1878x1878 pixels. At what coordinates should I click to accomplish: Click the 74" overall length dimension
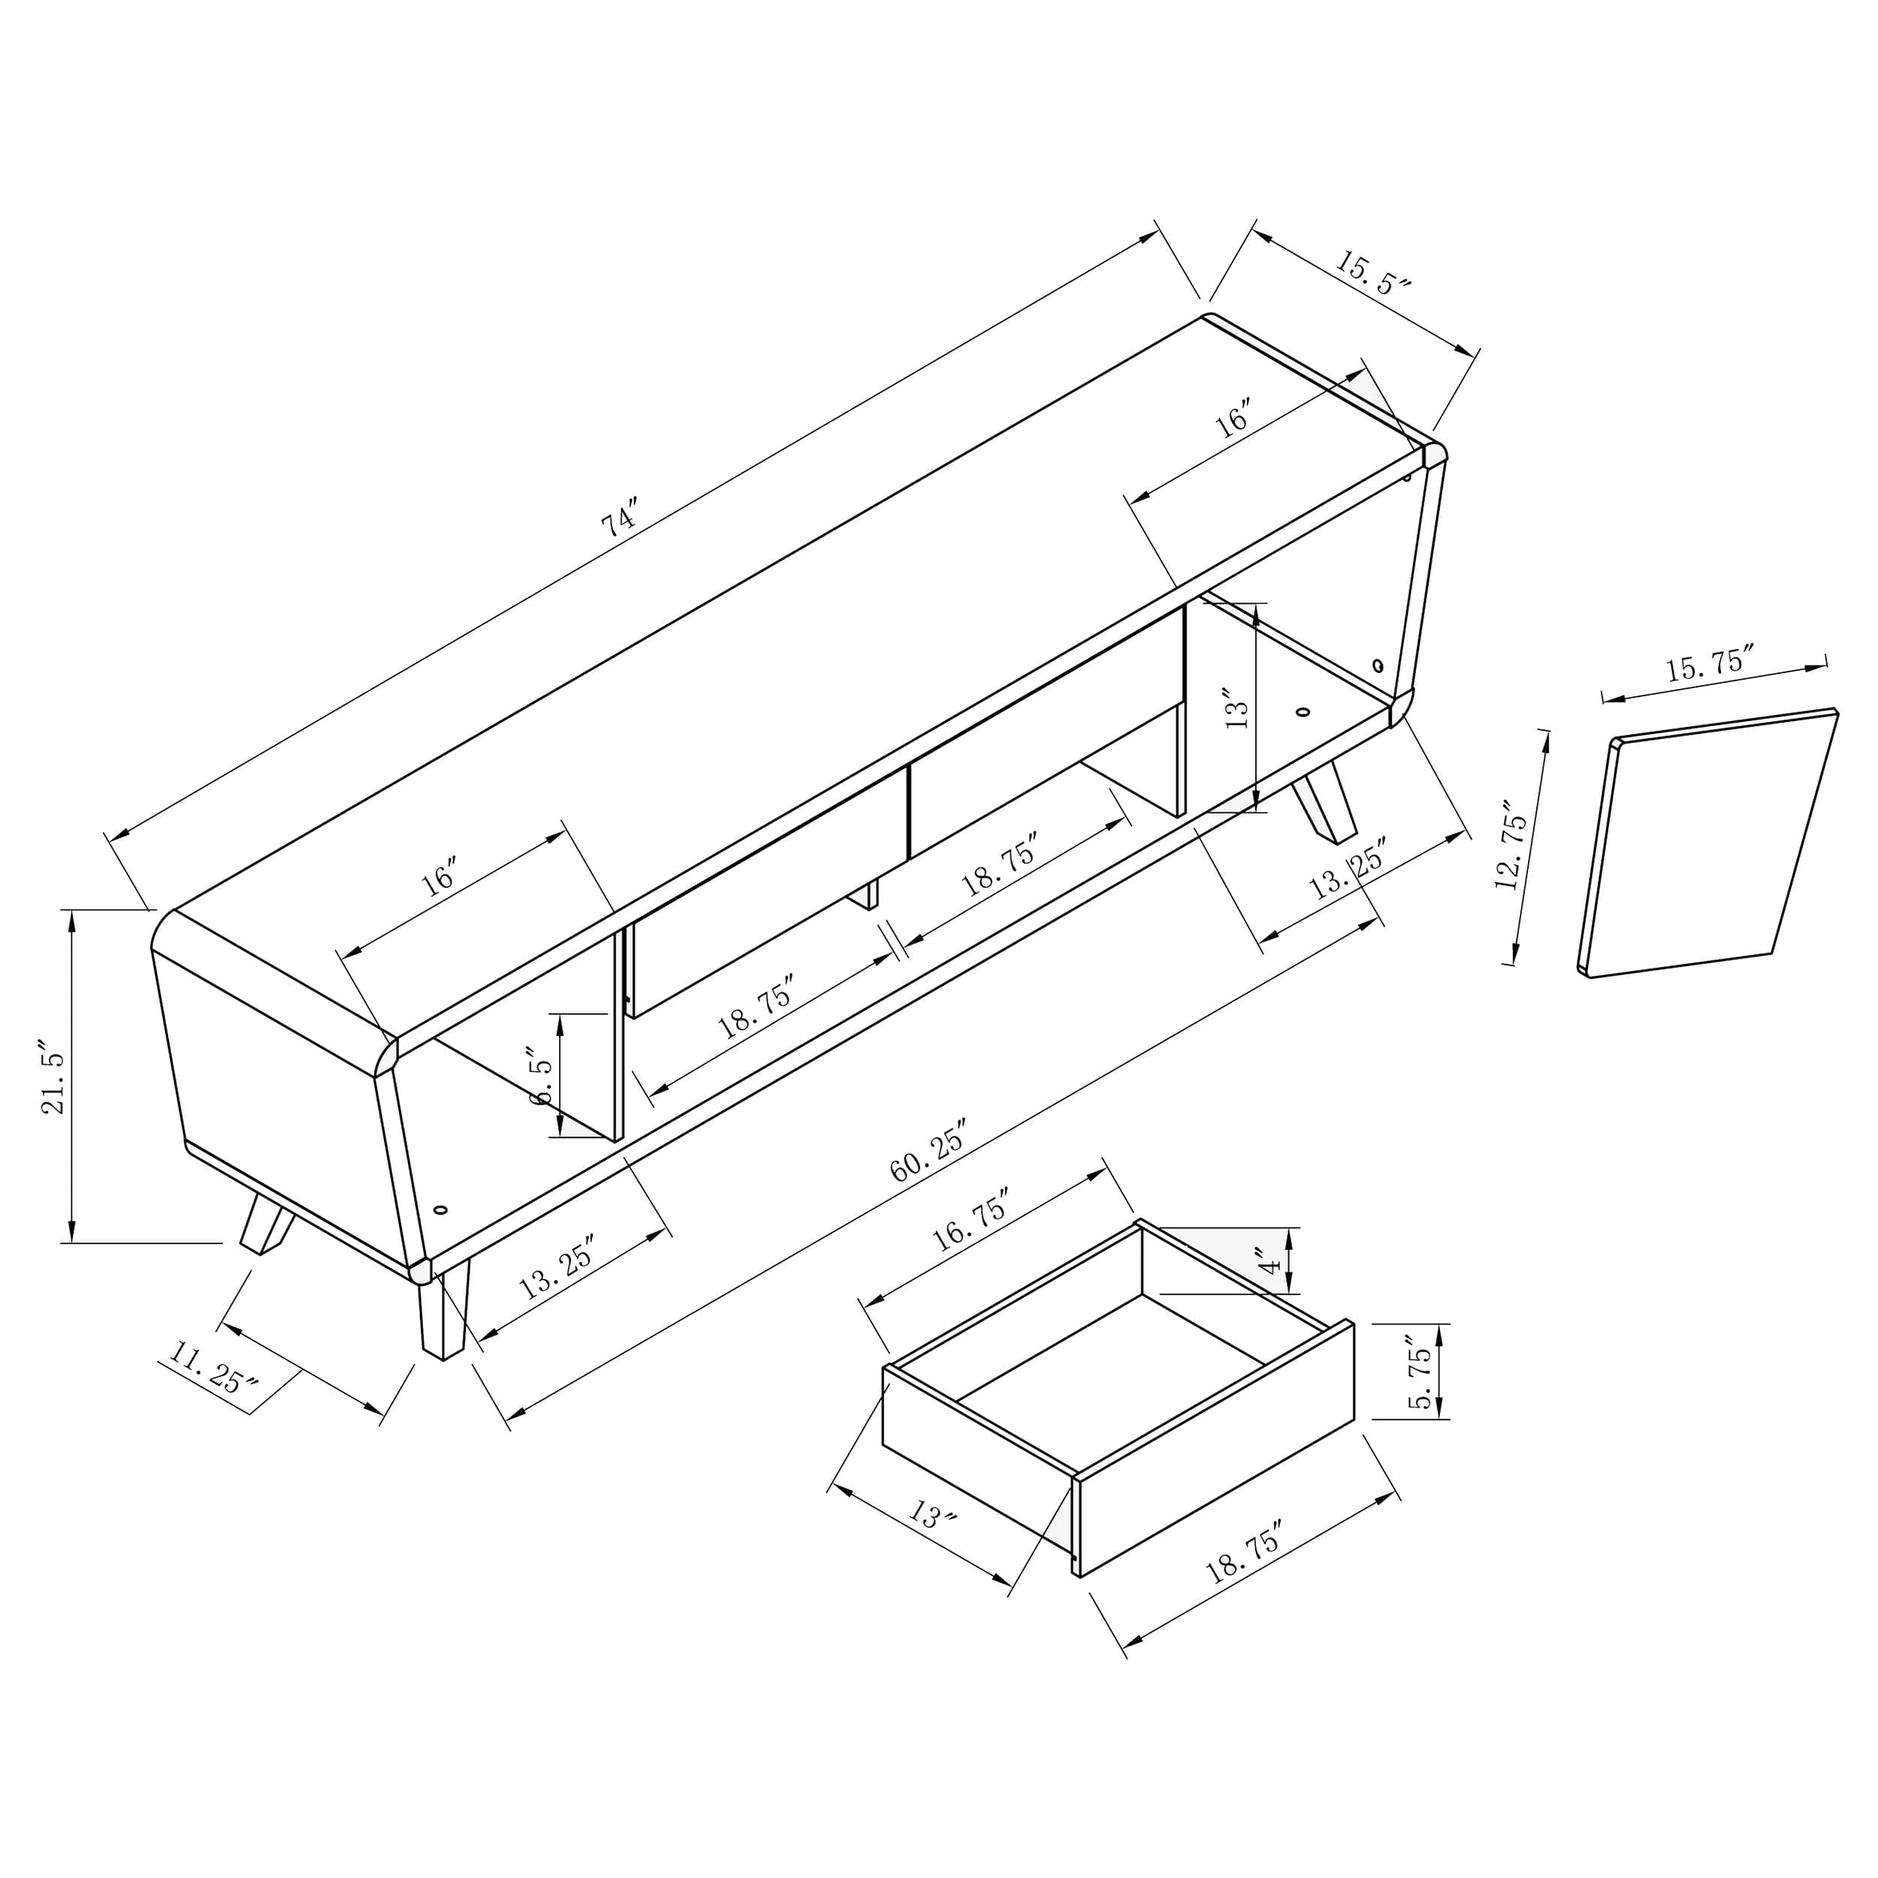[619, 518]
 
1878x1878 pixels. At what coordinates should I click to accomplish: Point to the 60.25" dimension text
[928, 1151]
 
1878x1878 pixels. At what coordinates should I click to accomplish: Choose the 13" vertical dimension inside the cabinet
[1236, 708]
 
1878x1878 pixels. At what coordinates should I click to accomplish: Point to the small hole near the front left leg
[440, 1210]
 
